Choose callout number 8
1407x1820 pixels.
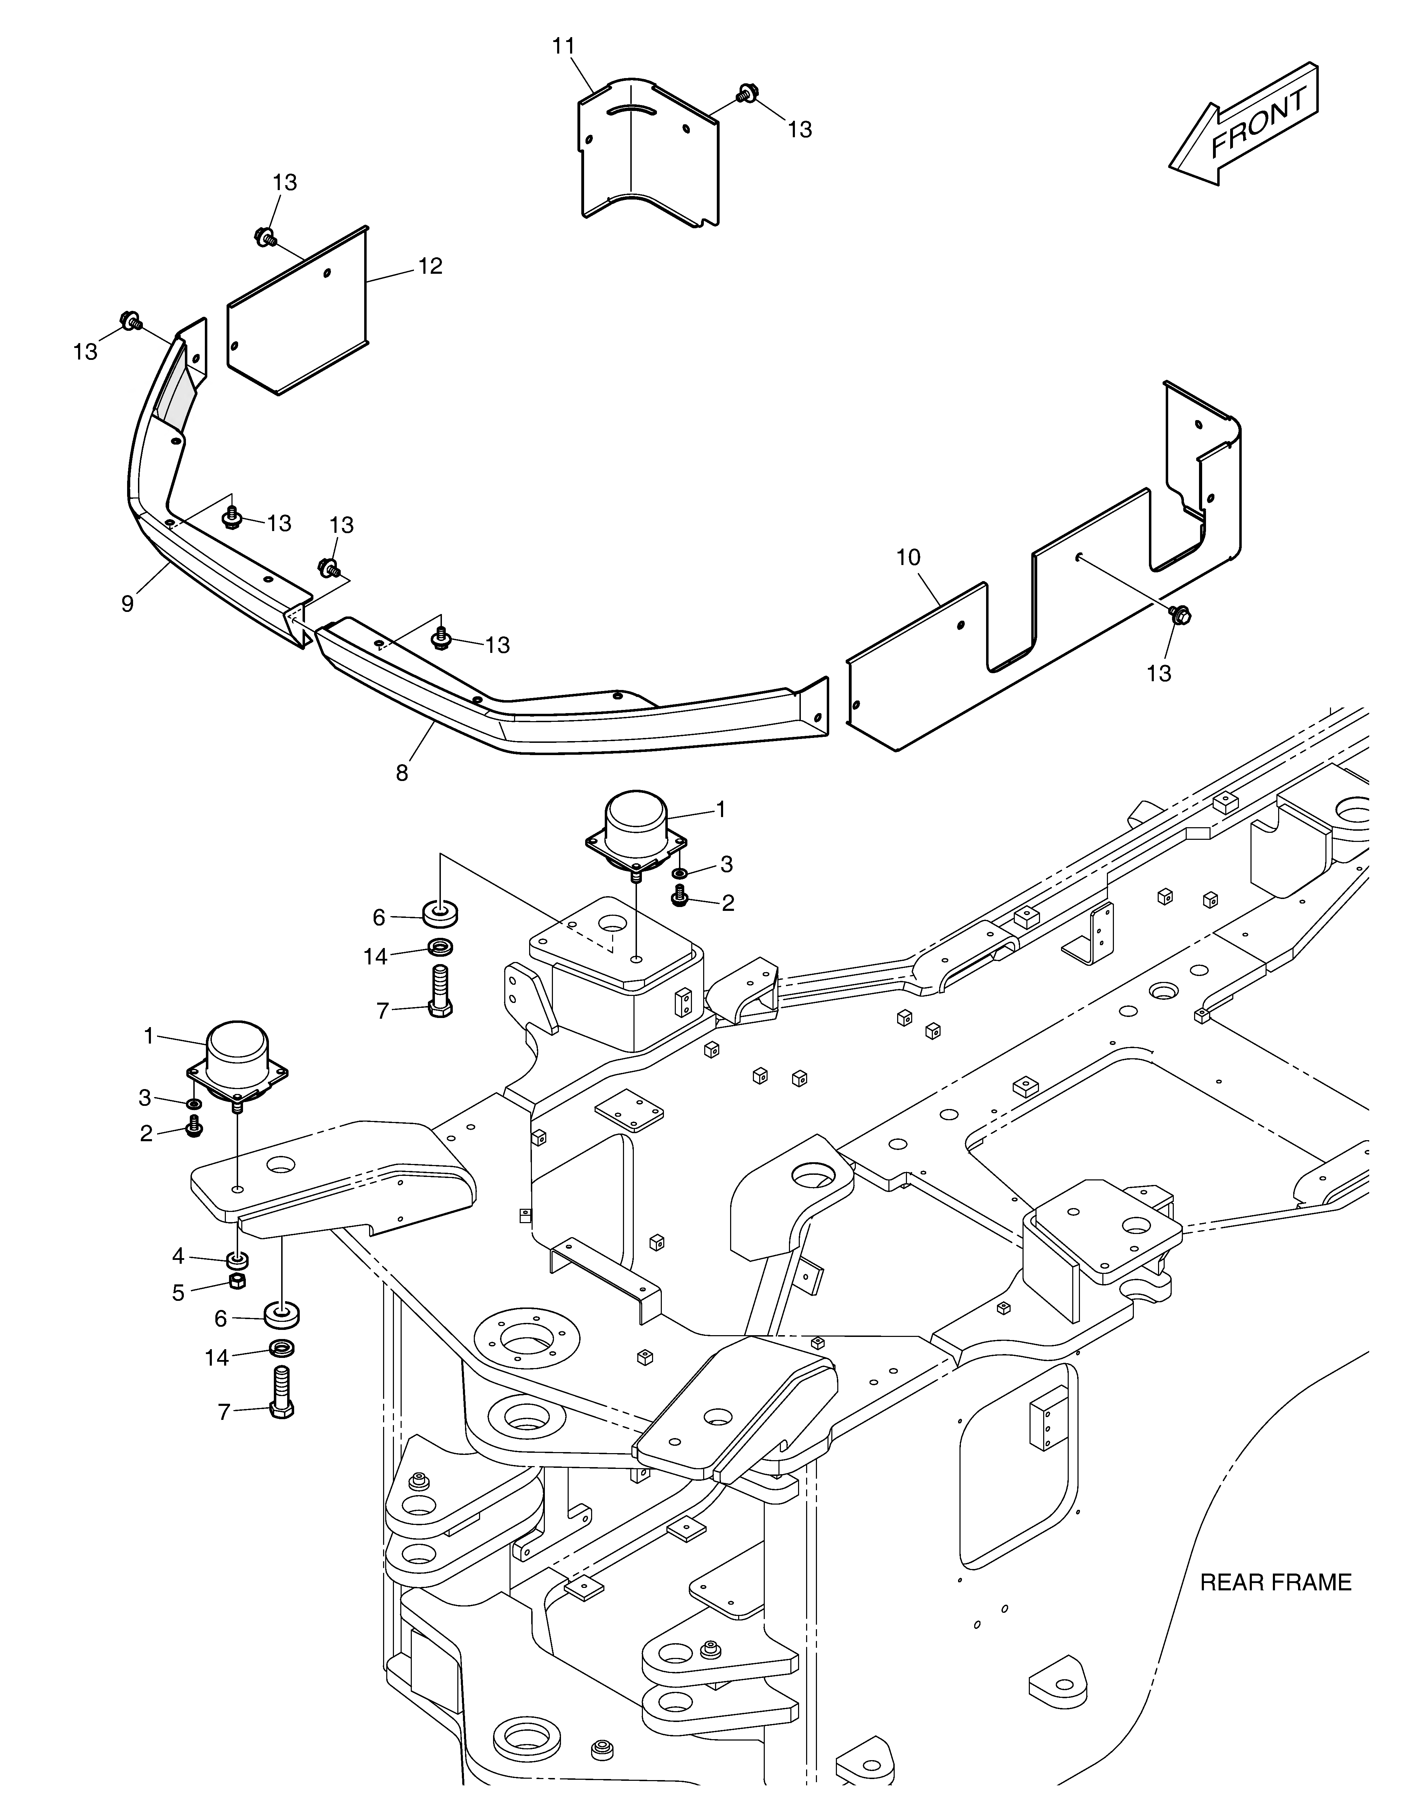(402, 773)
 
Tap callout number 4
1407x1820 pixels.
(178, 1256)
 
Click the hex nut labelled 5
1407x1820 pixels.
(237, 1281)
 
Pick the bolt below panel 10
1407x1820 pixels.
(1179, 614)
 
